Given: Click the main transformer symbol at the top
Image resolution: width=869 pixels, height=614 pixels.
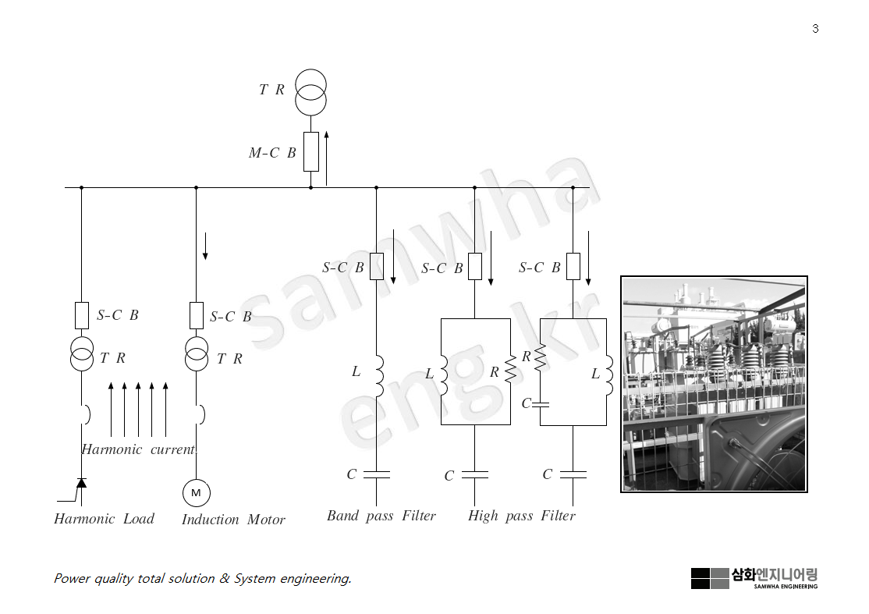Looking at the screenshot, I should (x=310, y=91).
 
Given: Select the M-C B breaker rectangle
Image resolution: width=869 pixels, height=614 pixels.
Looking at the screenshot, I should (x=310, y=151).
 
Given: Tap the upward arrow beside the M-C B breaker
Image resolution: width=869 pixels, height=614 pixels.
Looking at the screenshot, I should (x=326, y=158).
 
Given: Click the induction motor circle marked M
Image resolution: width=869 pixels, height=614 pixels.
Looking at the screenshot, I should (x=196, y=492).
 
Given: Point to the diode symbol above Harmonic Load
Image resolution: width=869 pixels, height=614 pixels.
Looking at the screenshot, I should (x=81, y=483).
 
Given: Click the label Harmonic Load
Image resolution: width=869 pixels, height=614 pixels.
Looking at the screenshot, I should (x=104, y=519).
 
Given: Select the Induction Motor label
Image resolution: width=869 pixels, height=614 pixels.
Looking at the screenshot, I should (x=233, y=520).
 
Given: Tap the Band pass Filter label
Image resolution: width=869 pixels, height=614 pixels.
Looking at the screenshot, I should (x=381, y=516).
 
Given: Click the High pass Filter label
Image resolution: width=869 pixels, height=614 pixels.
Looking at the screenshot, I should (x=521, y=516).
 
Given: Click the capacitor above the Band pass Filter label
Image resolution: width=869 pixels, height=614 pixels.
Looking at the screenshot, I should (x=376, y=474).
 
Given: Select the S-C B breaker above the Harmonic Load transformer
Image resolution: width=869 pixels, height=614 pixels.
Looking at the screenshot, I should (x=81, y=315).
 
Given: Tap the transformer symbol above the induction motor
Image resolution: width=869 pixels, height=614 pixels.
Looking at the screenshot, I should (x=196, y=354).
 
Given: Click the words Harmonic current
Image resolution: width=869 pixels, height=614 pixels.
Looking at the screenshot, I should (x=139, y=449).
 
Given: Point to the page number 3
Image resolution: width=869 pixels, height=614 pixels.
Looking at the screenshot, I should (x=815, y=29).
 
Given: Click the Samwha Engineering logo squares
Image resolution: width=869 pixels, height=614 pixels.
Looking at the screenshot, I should (x=709, y=578).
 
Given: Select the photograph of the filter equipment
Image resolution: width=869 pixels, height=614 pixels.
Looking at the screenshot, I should (x=714, y=384).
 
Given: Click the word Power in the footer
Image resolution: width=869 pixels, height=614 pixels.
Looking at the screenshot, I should (x=72, y=578).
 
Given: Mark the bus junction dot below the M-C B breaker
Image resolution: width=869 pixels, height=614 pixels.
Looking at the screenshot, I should (x=310, y=187).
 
